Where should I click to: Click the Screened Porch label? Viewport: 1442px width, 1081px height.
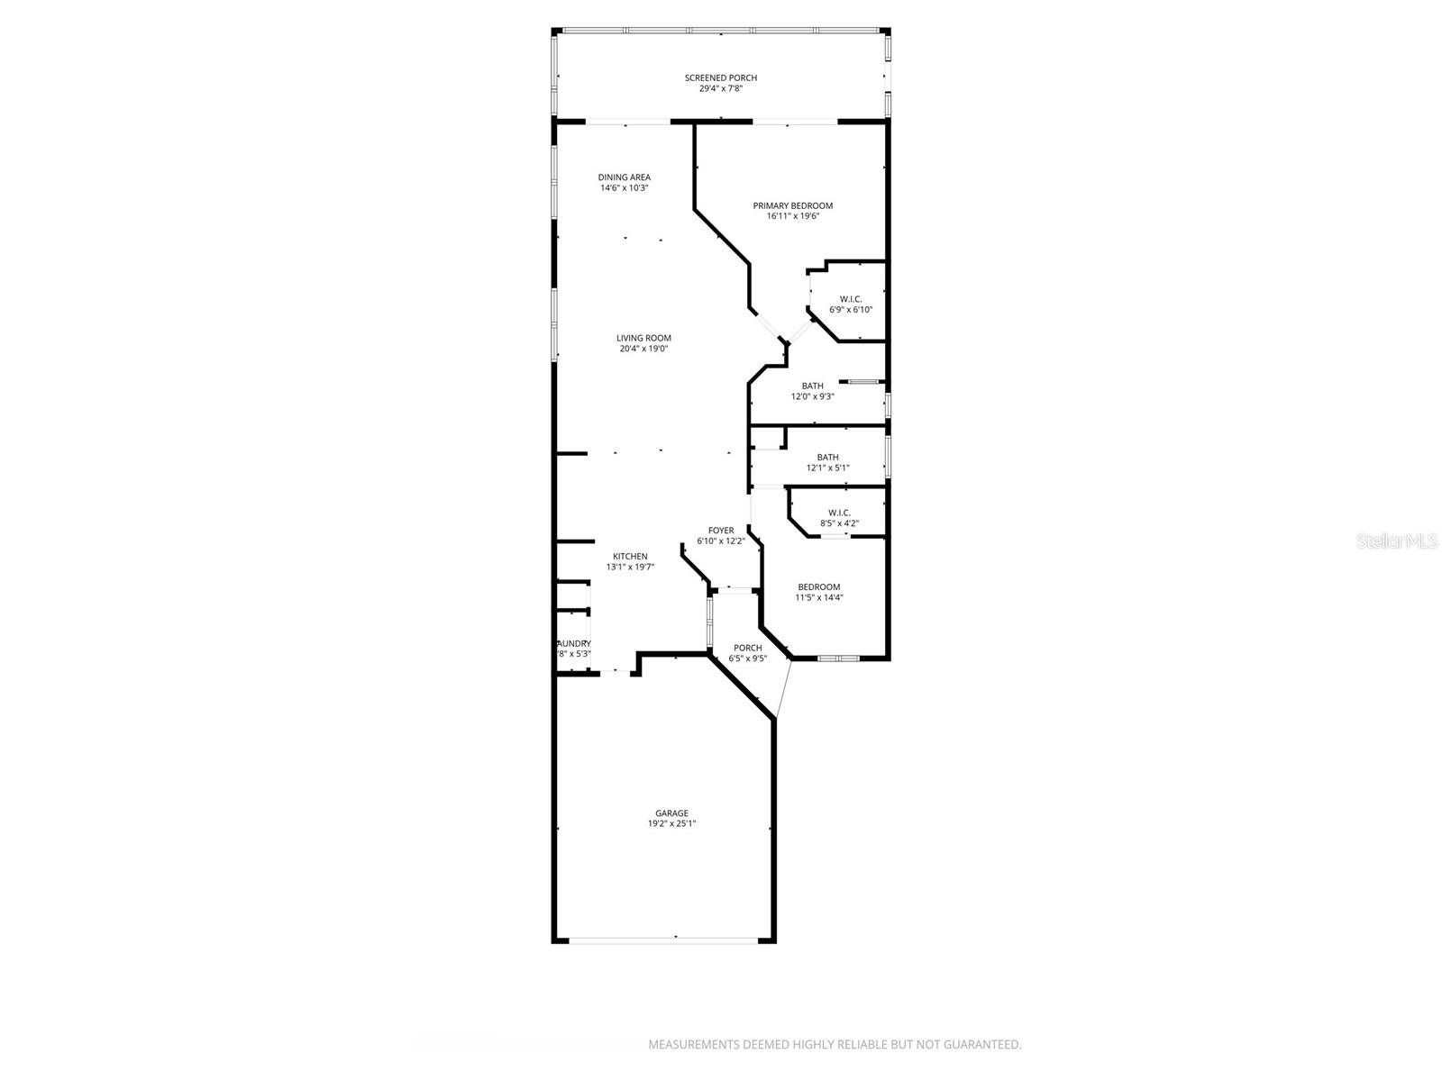point(720,77)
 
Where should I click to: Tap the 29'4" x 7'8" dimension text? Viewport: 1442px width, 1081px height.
point(720,88)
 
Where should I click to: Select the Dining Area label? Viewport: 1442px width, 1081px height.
point(624,177)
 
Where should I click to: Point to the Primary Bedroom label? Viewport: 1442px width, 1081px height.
point(792,205)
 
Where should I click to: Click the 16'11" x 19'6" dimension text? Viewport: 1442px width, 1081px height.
point(792,216)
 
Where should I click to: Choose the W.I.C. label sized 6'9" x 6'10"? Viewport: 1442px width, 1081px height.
point(851,299)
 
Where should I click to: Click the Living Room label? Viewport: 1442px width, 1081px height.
point(643,338)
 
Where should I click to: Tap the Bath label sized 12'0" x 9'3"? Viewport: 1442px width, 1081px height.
point(812,386)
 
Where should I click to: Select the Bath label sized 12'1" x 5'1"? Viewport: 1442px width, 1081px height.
point(827,457)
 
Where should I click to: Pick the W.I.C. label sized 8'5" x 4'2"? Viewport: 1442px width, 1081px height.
point(839,513)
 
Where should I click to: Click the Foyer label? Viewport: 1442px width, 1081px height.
point(720,531)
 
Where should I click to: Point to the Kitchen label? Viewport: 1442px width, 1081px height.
point(630,556)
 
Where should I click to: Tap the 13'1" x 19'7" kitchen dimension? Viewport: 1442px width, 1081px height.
point(630,567)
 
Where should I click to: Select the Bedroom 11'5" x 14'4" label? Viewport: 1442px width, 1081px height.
point(818,587)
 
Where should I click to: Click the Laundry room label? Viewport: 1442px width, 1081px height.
point(574,643)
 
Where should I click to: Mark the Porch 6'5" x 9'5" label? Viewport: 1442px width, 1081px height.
point(747,648)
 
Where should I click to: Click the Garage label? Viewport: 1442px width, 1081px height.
point(671,813)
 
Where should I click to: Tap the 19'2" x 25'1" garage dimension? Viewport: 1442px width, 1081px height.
point(671,823)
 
